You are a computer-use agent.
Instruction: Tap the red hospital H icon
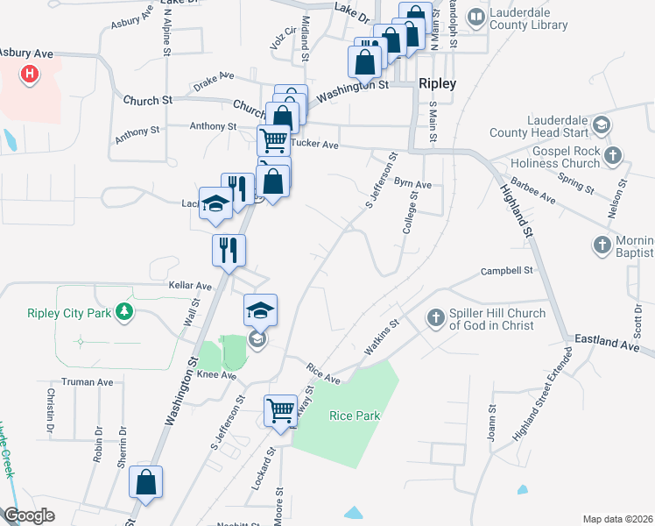30,74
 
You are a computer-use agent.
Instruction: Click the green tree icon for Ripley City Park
125,311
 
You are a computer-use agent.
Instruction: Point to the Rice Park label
355,416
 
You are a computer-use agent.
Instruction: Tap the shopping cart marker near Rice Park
281,411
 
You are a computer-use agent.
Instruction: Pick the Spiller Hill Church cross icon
436,318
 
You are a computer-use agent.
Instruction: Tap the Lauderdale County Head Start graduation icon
602,125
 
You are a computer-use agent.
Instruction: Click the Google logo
29,515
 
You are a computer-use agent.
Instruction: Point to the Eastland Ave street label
607,339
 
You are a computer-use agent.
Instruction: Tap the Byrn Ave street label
412,185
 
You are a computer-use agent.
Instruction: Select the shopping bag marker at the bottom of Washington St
146,484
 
